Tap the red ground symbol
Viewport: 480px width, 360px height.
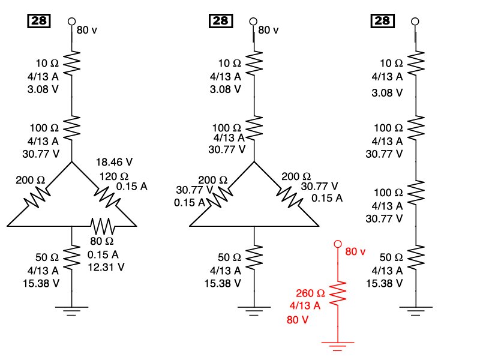[338, 344]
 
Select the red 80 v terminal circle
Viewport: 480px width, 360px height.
[338, 244]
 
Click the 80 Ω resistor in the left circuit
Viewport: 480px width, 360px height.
[103, 226]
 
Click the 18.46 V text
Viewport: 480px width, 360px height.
[115, 163]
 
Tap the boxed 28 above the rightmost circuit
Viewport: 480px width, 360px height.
[382, 21]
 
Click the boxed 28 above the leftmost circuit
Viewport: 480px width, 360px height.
[40, 21]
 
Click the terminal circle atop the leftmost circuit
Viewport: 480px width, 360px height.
[72, 21]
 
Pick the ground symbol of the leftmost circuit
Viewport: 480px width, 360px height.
[72, 310]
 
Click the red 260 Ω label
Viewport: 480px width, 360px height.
[310, 293]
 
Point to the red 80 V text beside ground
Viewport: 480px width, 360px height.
[298, 320]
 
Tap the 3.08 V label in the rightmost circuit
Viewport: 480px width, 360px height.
[386, 93]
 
